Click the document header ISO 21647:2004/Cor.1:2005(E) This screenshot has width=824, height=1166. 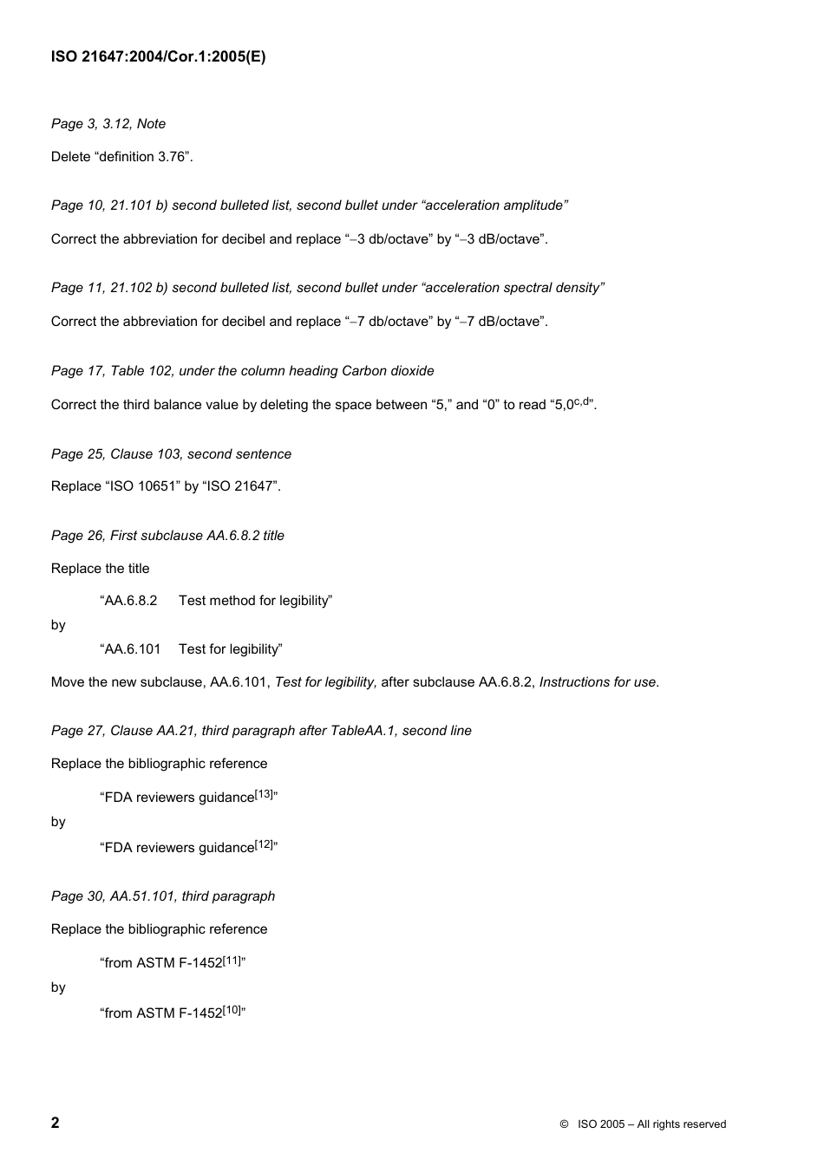158,57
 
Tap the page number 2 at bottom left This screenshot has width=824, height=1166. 56,1123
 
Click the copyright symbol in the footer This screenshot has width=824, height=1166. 564,1124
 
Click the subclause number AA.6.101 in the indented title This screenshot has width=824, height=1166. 133,649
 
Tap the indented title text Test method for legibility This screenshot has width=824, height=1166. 255,601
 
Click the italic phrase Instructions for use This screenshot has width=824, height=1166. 598,682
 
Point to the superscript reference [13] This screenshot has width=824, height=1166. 264,794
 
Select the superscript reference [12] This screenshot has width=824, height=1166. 264,844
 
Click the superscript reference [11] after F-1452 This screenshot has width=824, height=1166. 232,960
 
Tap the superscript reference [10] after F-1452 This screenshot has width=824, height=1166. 232,1010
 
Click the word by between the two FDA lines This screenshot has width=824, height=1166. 58,822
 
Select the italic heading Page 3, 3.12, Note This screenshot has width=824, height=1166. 108,124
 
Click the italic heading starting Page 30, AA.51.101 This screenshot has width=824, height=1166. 163,896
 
